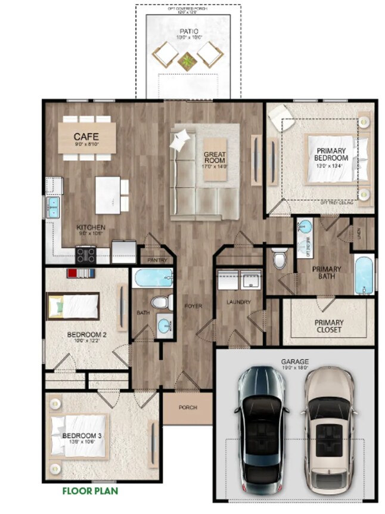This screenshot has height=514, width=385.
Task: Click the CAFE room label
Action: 86,136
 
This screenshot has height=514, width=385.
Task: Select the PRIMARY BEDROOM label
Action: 333,154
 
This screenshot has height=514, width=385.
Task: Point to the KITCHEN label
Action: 91,227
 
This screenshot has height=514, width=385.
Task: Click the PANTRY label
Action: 157,260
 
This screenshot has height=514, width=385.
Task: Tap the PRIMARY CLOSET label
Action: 328,326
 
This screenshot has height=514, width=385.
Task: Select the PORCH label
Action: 188,407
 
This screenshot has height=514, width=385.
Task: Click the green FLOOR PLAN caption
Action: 90,491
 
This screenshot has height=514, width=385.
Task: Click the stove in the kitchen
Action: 86,255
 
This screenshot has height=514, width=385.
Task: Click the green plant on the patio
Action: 188,60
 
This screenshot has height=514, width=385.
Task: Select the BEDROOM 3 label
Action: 82,436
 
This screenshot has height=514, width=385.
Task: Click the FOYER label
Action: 192,306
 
